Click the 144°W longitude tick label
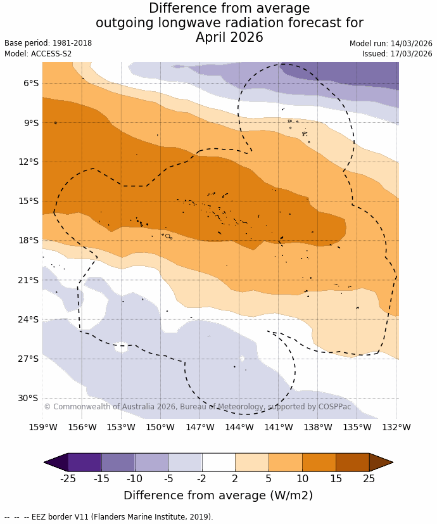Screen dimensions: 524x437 coord(239,427)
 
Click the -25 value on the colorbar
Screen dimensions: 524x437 coord(68,478)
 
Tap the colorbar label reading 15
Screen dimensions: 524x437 coord(336,478)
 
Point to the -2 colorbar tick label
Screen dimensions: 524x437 coord(202,478)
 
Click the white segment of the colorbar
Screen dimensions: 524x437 coord(218,463)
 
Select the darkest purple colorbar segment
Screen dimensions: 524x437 coord(84,463)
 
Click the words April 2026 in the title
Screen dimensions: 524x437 coord(229,37)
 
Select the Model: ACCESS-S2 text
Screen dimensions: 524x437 coord(38,54)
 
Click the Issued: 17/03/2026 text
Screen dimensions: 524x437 coord(397,54)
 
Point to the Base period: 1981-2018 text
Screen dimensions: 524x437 coord(48,43)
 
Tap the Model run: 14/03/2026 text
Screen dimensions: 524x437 coord(391,43)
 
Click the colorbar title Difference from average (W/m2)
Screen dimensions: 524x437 coord(218,495)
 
